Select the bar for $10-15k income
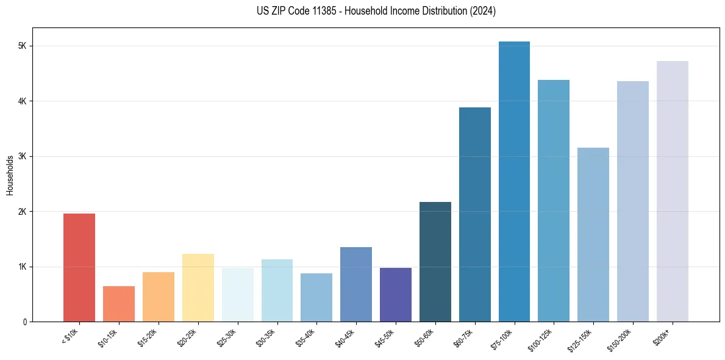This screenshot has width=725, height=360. pyautogui.click(x=119, y=304)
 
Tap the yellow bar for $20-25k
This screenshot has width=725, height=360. pyautogui.click(x=198, y=287)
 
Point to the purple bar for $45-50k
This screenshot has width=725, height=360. pyautogui.click(x=396, y=295)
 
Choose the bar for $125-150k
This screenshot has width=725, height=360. pyautogui.click(x=593, y=234)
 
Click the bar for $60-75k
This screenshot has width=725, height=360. pyautogui.click(x=475, y=214)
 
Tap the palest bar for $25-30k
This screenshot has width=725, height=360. pyautogui.click(x=237, y=295)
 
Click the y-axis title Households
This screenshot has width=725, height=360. pyautogui.click(x=10, y=175)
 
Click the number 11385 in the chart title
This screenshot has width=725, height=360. pyautogui.click(x=321, y=12)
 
